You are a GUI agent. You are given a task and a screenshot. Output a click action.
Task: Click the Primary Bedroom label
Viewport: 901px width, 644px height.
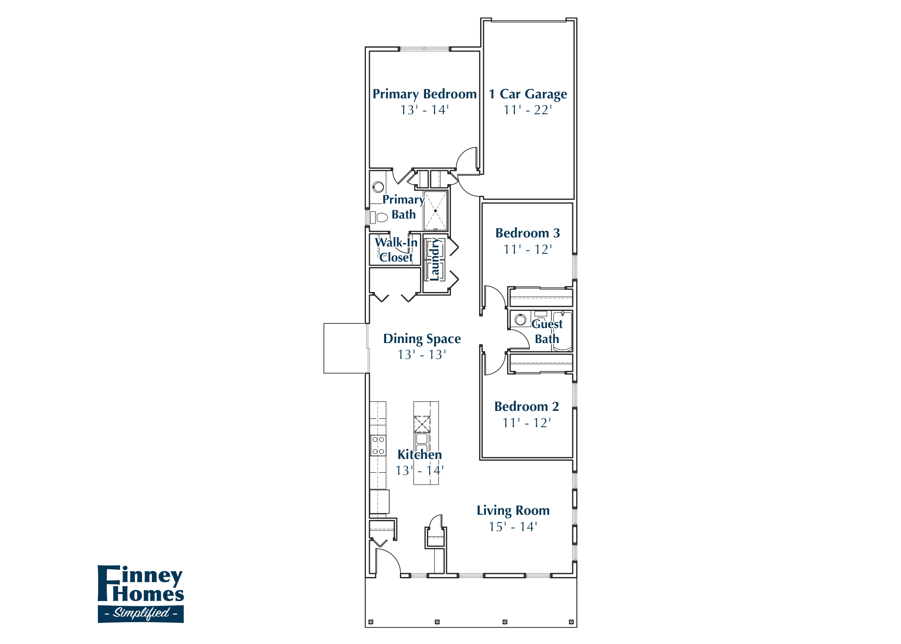pos(424,94)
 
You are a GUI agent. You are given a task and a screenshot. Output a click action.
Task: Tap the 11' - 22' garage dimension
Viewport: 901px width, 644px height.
pos(528,110)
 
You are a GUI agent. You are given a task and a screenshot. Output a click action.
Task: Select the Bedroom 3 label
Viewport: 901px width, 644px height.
pos(527,233)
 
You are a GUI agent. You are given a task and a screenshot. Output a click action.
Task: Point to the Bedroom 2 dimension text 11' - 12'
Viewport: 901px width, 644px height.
pos(526,423)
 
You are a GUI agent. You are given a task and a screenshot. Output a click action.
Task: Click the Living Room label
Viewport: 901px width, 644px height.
pos(513,510)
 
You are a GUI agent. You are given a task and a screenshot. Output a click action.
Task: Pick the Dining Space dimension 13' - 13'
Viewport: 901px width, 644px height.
pos(421,355)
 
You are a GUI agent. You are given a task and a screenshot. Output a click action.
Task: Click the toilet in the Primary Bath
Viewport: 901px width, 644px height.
pos(380,217)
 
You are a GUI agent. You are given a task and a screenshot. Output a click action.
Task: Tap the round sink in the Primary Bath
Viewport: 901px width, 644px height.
pos(378,187)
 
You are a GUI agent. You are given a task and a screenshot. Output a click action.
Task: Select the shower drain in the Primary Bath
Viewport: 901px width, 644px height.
pos(435,211)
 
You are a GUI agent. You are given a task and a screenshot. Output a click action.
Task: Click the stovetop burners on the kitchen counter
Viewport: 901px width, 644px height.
pos(378,445)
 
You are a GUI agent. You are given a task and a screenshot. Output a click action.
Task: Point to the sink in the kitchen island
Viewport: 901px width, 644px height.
pos(422,438)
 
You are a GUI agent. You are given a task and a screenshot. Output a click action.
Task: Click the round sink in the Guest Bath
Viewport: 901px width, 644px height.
pos(520,319)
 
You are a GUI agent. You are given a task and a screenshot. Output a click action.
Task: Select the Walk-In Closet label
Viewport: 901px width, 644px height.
pos(396,250)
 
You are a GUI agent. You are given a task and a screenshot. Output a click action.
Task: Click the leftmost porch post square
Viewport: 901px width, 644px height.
pos(371,622)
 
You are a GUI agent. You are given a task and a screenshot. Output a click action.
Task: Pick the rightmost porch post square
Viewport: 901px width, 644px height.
pos(571,622)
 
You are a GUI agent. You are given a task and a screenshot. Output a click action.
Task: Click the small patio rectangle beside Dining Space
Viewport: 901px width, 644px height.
pos(345,348)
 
